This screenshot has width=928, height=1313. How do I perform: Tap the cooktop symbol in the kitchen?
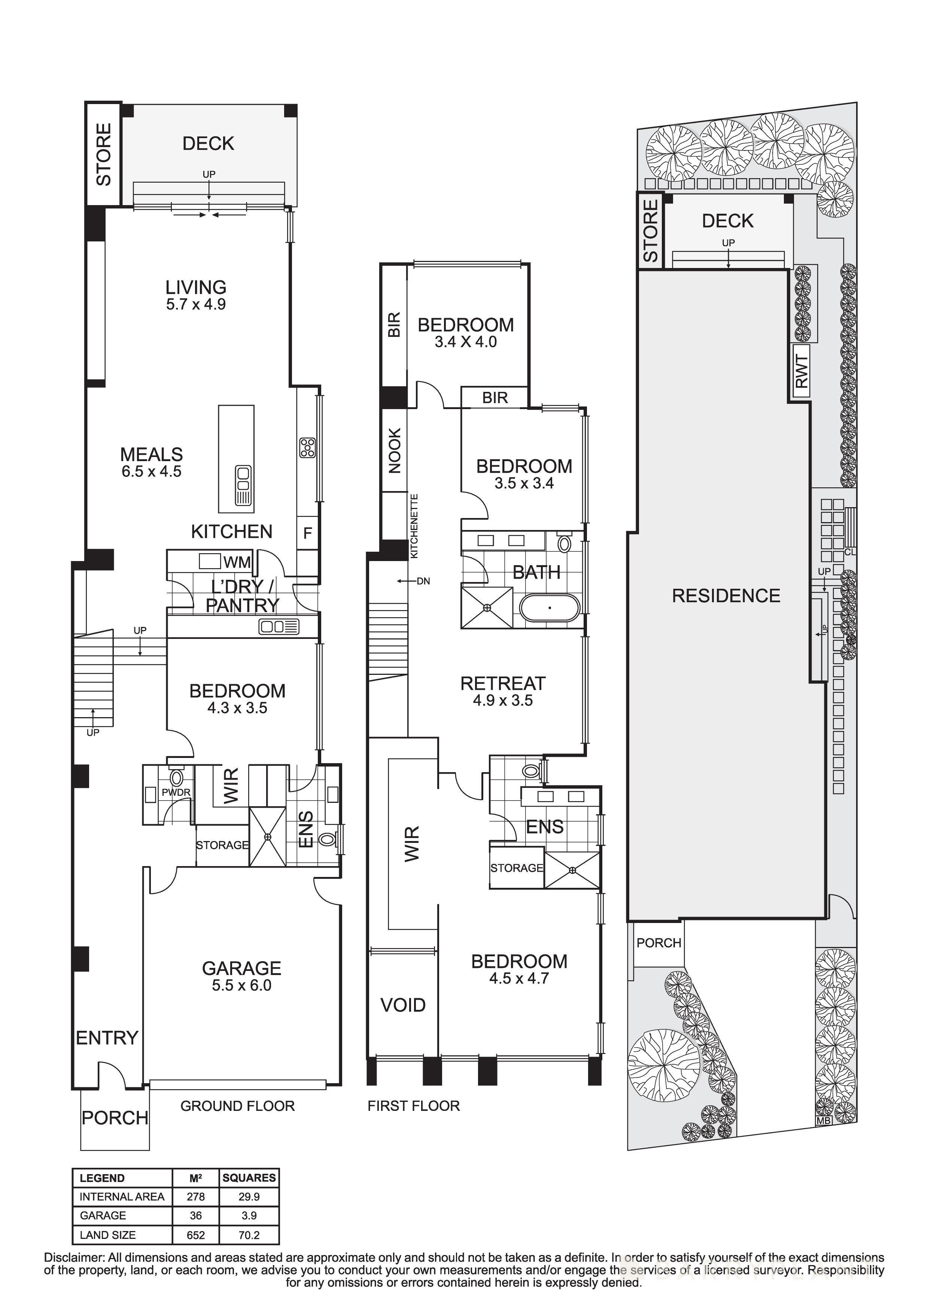(307, 448)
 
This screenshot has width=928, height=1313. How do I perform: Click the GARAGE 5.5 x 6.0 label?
(241, 976)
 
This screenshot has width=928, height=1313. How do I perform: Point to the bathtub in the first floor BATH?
(550, 608)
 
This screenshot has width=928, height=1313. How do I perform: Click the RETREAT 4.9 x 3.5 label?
(503, 691)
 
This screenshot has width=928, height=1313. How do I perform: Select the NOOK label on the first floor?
(395, 451)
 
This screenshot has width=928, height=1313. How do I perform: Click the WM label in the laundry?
(237, 562)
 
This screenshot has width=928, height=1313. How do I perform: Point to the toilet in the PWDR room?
(177, 778)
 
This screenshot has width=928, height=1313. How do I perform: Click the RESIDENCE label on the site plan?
(725, 596)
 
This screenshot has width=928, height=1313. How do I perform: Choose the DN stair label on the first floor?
(423, 581)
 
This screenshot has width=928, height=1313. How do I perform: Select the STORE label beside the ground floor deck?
(103, 155)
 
